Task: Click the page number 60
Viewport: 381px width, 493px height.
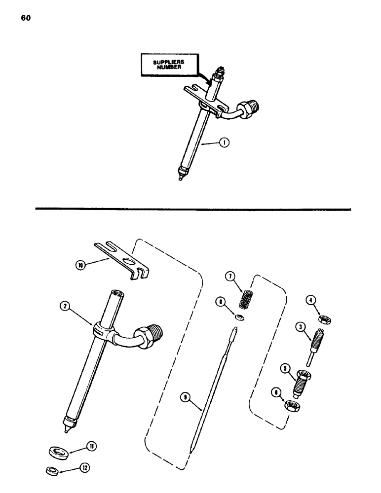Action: point(26,18)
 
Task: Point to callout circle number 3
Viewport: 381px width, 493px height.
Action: point(299,326)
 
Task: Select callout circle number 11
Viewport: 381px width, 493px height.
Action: point(91,447)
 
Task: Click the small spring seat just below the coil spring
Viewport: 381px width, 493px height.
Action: point(238,318)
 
